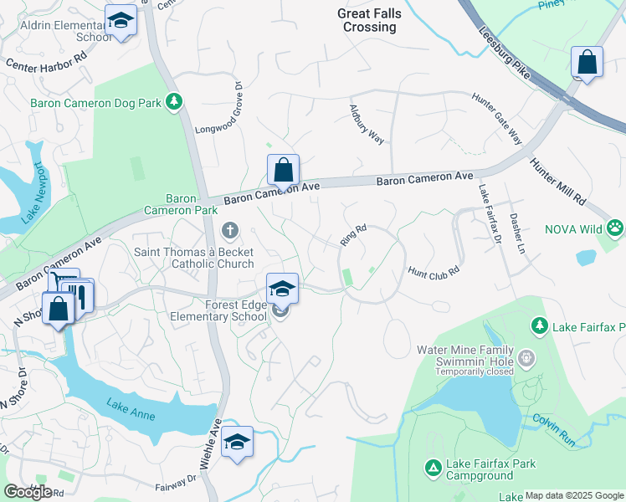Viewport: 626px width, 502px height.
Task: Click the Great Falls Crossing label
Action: tap(369, 20)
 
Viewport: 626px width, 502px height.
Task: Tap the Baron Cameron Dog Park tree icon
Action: tap(174, 102)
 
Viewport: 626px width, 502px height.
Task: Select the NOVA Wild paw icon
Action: tap(615, 227)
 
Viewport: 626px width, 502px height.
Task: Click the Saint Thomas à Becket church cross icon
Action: tap(230, 229)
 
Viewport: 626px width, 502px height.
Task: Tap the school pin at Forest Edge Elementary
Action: tap(282, 289)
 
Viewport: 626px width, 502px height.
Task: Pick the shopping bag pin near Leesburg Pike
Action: tap(587, 63)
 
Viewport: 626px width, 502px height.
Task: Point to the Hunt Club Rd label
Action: tap(434, 272)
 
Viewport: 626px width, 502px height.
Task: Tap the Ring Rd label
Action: tap(354, 235)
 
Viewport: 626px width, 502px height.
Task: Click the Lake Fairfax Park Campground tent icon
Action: tap(433, 467)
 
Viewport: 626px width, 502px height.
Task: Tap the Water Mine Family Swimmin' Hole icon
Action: tap(526, 357)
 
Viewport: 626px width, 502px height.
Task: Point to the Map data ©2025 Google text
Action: tap(574, 495)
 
